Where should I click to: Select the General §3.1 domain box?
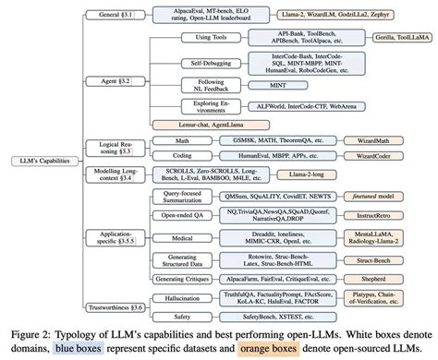(116, 15)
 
